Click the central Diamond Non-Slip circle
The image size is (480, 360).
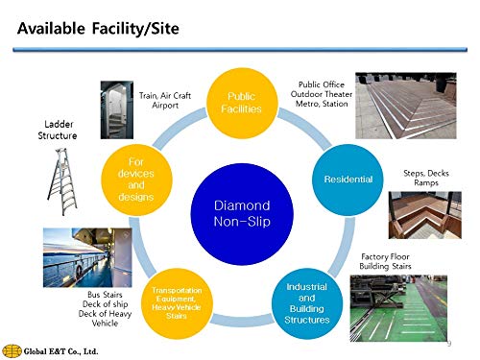point(242,214)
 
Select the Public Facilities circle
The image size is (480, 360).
point(242,103)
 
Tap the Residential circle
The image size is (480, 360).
point(348,180)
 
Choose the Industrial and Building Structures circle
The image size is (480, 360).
point(307,303)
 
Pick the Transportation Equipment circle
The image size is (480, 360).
point(177,303)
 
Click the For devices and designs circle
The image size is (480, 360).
point(136,180)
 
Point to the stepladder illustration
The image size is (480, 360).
point(62,181)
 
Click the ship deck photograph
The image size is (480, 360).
point(87,257)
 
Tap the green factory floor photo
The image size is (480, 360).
point(398,308)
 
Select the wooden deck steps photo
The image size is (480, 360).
point(425,215)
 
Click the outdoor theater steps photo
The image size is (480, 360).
point(406,106)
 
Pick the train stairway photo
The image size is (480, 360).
point(117,109)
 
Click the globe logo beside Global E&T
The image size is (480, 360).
point(12,351)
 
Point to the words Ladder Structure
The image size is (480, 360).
point(58,130)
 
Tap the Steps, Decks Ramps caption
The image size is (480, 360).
point(426,178)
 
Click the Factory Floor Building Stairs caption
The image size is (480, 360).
point(385,261)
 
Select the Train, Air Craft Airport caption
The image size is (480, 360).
point(165,100)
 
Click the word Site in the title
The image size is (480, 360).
point(165,29)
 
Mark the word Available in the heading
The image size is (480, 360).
point(51,29)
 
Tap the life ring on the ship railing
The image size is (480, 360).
point(79,271)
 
